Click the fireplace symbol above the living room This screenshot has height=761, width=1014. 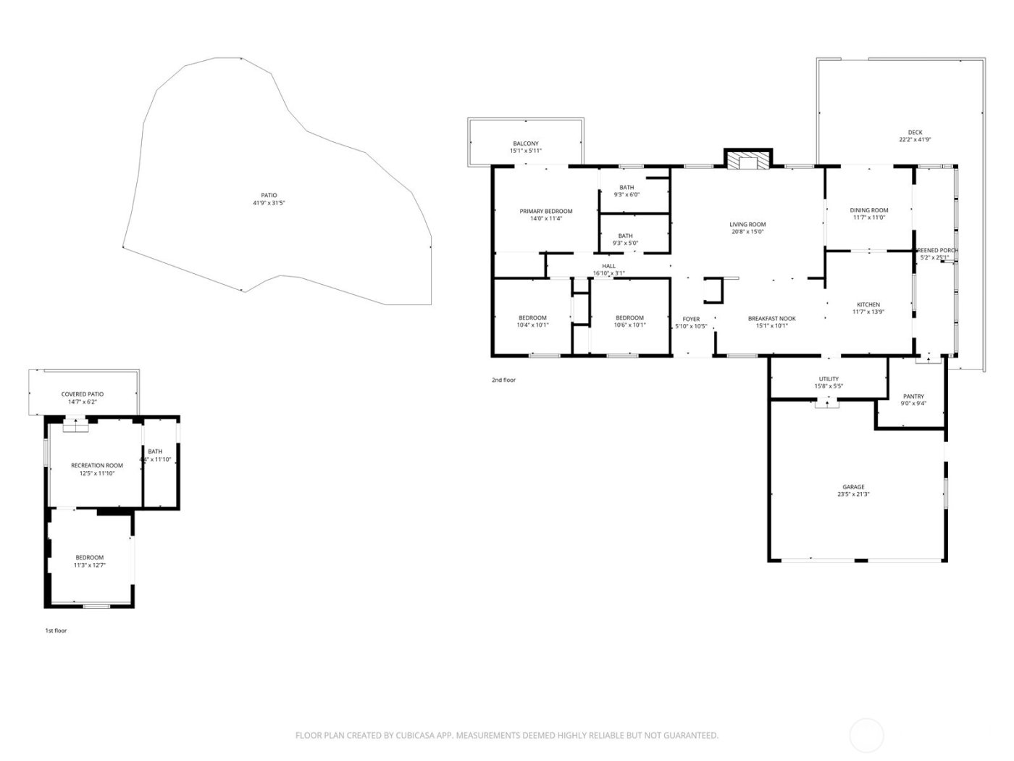[x=748, y=161]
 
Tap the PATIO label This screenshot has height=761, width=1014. [x=269, y=195]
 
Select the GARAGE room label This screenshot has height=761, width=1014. [x=853, y=487]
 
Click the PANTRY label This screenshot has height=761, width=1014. [x=913, y=396]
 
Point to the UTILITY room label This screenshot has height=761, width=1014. [x=829, y=379]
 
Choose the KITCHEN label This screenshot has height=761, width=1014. [x=868, y=304]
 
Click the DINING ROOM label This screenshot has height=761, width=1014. [x=868, y=210]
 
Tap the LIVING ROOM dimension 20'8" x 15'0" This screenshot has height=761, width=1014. [x=747, y=232]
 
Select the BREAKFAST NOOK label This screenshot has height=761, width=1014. [x=771, y=318]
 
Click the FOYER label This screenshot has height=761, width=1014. [x=691, y=319]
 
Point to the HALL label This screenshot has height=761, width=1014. [x=608, y=266]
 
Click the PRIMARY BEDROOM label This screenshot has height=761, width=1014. [x=545, y=211]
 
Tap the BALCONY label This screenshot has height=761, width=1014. [x=526, y=144]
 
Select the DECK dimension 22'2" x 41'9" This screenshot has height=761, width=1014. [x=915, y=140]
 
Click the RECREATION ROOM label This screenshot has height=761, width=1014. [x=96, y=465]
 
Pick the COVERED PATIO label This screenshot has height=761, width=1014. [x=82, y=394]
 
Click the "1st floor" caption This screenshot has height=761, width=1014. [x=56, y=631]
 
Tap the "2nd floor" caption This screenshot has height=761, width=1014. [x=503, y=380]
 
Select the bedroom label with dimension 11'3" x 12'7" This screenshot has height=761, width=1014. [x=89, y=557]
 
